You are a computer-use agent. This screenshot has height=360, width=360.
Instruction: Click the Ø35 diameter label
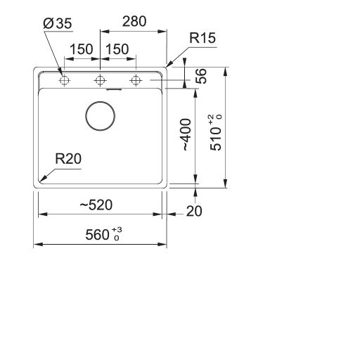pyautogui.click(x=58, y=23)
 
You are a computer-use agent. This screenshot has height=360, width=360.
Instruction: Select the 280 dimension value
pyautogui.click(x=134, y=21)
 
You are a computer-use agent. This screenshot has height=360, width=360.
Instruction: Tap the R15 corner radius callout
pyautogui.click(x=202, y=38)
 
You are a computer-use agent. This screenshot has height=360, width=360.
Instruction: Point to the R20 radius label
pyautogui.click(x=68, y=159)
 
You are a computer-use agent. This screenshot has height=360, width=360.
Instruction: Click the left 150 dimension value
pyautogui.click(x=82, y=49)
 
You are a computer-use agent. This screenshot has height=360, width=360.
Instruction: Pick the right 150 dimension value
pyautogui.click(x=117, y=49)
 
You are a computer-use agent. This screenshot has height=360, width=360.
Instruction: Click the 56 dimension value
pyautogui.click(x=201, y=76)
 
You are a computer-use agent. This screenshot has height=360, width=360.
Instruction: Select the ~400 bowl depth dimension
pyautogui.click(x=186, y=134)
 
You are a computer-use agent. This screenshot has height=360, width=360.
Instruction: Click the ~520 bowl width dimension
pyautogui.click(x=96, y=205)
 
